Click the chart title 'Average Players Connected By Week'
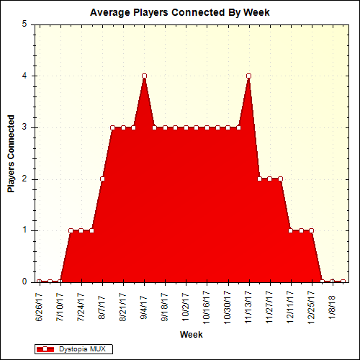coord(179,13)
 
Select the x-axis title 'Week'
coord(191,335)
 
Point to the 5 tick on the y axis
coord(24,24)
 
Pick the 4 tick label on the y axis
coord(24,76)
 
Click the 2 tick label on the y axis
coord(24,179)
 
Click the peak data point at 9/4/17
coord(144,76)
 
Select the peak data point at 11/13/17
coord(248,76)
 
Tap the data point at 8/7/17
coord(102,179)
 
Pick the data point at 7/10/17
coord(60,282)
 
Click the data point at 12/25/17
coord(311,230)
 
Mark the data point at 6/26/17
coord(40,282)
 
